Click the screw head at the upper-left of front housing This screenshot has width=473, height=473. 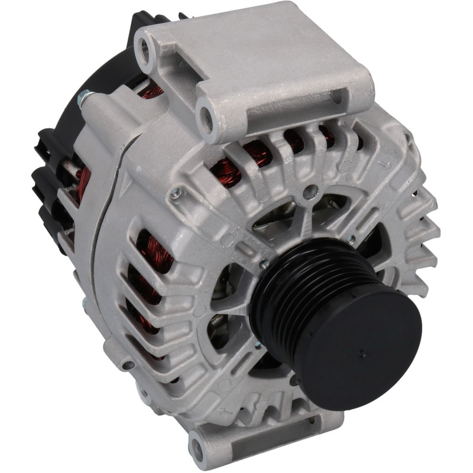point(175,193)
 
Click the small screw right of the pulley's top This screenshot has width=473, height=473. point(351,239)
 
